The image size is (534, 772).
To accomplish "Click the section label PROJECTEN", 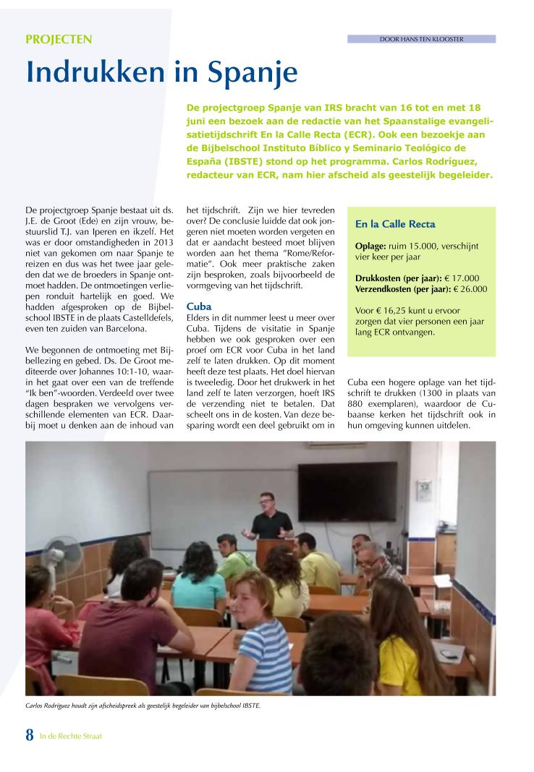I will tap(59, 40).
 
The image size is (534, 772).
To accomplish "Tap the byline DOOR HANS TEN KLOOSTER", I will tap(421, 39).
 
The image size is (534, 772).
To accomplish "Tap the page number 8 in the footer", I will tap(30, 735).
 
